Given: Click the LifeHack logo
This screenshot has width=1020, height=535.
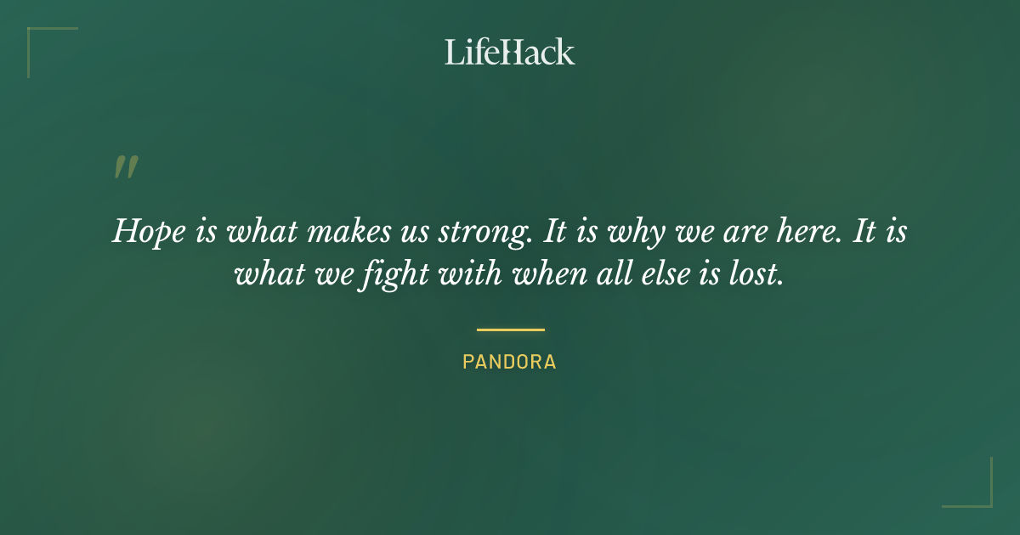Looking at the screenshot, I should pyautogui.click(x=509, y=52).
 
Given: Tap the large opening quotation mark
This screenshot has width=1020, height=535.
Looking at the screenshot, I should pyautogui.click(x=126, y=167).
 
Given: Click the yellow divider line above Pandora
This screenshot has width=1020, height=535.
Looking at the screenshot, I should pyautogui.click(x=510, y=329).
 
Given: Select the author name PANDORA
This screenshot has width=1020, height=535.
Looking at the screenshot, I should pyautogui.click(x=509, y=362).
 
